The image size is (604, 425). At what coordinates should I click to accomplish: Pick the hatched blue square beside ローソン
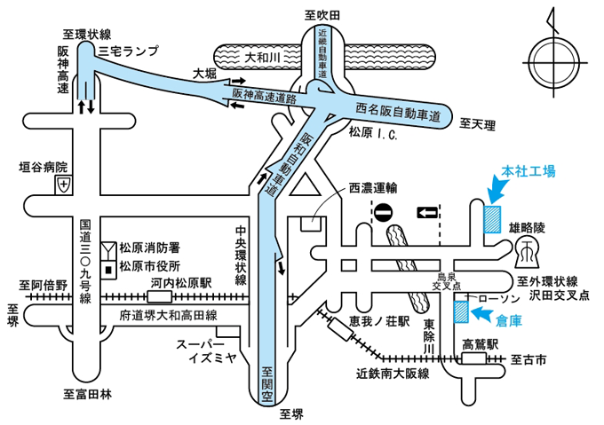coord(461,311)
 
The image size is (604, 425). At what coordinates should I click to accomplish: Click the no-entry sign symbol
coord(384,213)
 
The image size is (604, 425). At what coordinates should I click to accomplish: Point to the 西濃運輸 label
coord(373,187)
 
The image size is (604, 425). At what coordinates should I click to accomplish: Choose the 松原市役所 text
coord(150,265)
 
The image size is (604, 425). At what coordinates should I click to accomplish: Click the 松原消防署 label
coord(150,247)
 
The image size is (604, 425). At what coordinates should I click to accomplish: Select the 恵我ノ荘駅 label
coord(378,320)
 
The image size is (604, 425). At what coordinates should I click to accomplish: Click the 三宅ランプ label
coord(128,52)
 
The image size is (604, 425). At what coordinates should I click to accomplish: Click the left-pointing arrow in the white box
coord(428,212)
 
